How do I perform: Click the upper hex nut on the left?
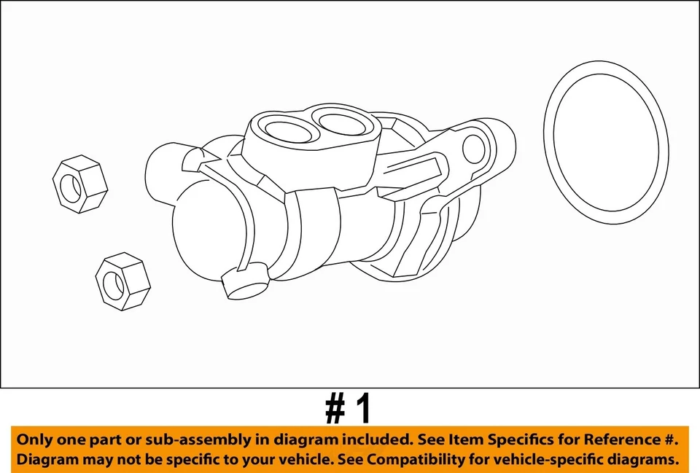[x=80, y=184]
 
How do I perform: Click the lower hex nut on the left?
[x=122, y=281]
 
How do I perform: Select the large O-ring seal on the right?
[x=605, y=143]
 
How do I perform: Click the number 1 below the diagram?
[x=362, y=409]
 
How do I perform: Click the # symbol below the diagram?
[x=335, y=409]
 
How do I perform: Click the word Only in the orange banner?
[x=34, y=439]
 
